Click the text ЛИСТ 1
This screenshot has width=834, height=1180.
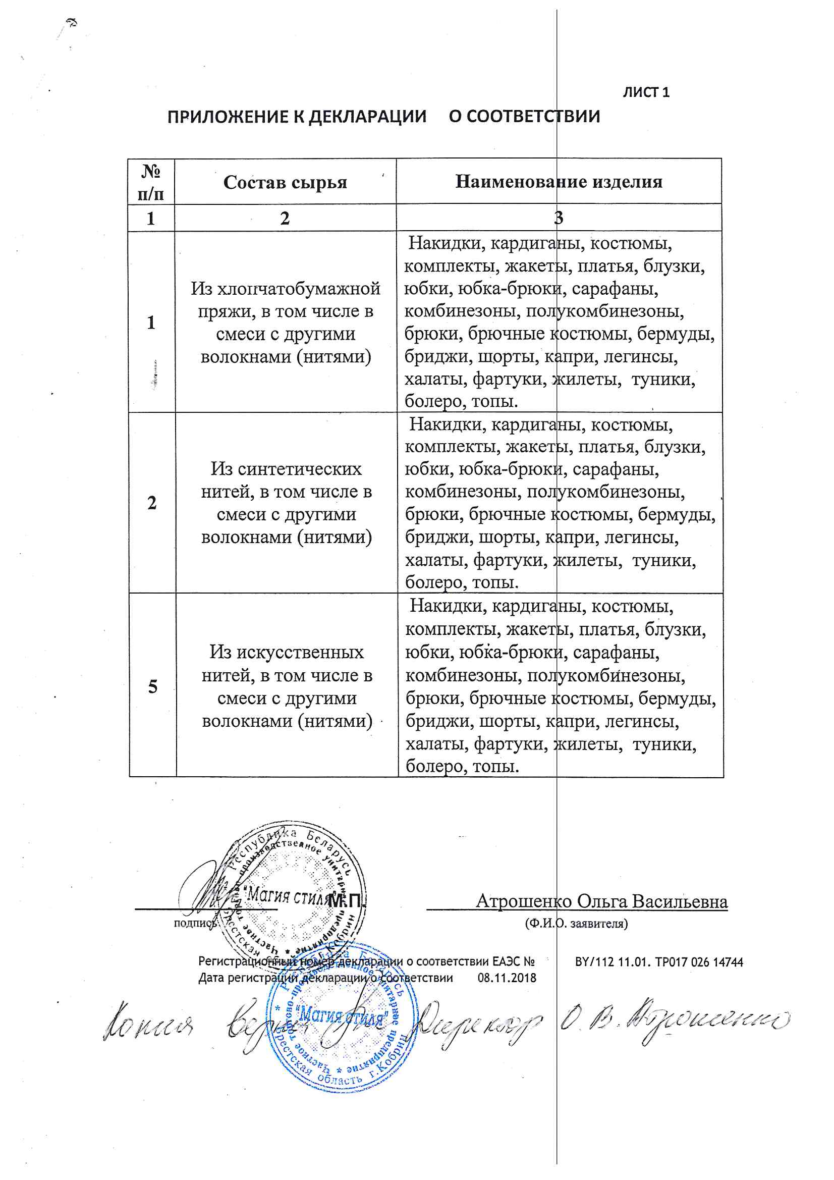tap(645, 92)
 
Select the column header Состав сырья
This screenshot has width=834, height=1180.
tap(285, 182)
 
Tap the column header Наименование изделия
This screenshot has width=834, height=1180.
tap(559, 181)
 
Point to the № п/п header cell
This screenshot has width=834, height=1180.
tap(151, 182)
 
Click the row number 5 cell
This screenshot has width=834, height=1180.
tap(152, 686)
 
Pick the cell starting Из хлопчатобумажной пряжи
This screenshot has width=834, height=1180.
tap(286, 322)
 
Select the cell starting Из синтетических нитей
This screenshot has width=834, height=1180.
tap(286, 503)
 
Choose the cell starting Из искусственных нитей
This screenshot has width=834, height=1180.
tap(287, 686)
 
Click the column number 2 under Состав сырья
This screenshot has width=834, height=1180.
tap(285, 218)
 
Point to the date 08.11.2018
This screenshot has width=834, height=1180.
tap(507, 978)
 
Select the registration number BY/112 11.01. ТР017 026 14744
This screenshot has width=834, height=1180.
tap(659, 961)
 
